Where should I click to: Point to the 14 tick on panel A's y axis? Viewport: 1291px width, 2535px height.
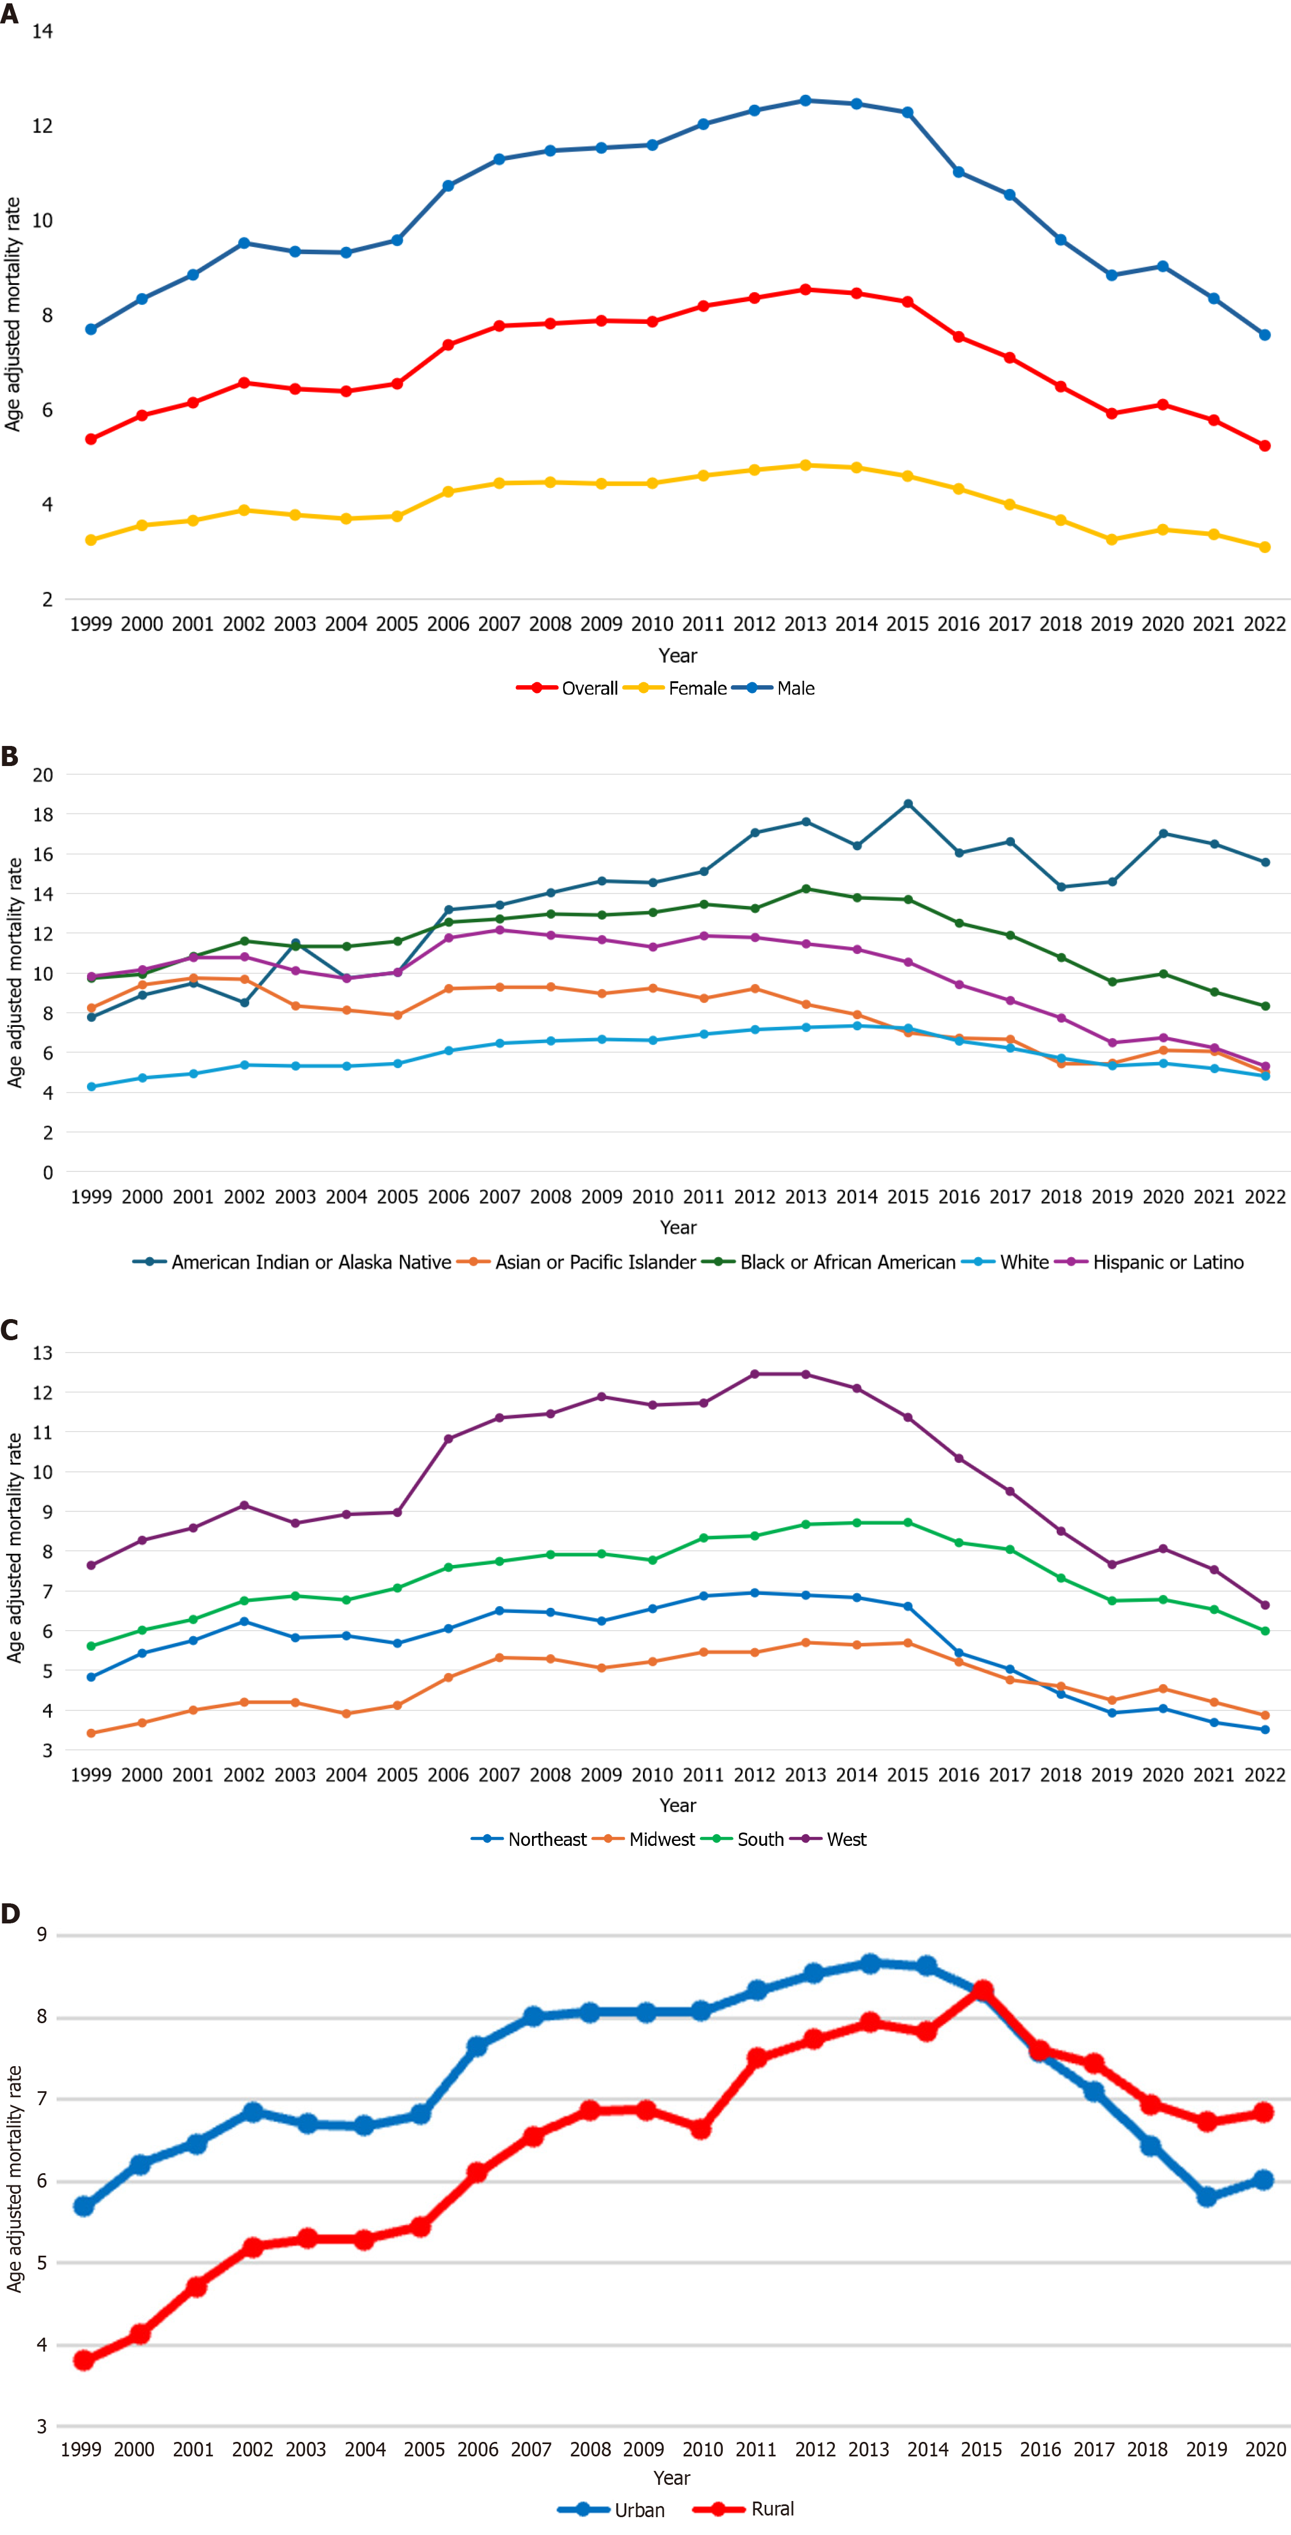[x=42, y=31]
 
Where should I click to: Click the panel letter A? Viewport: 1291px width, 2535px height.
[x=10, y=14]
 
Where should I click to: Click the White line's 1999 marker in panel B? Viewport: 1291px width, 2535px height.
[x=91, y=1087]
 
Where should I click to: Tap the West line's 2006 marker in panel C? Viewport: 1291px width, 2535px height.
[x=449, y=1439]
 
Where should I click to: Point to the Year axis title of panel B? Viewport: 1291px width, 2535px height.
[x=678, y=1227]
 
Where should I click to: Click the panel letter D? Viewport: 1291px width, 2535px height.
[x=10, y=1914]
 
